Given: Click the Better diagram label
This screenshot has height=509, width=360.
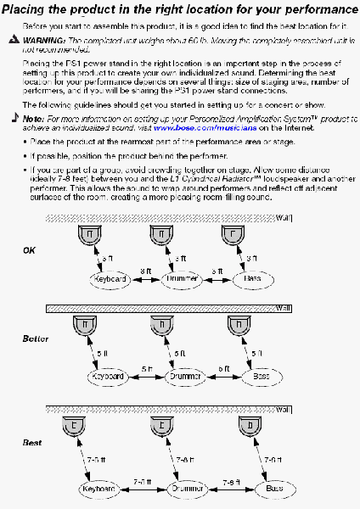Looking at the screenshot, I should coord(36,338).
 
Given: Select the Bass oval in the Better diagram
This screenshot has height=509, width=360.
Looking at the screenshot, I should coord(259,375).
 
